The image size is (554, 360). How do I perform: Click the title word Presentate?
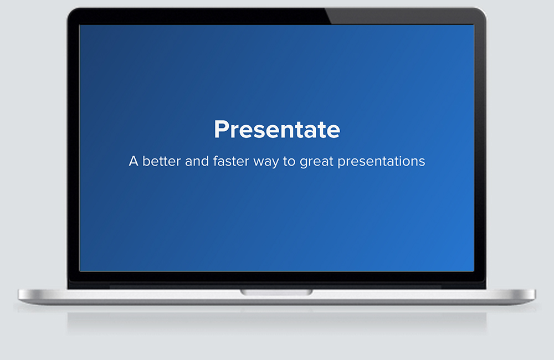[277, 129]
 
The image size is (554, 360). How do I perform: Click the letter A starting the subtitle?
[134, 161]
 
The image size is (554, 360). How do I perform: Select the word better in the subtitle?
[161, 161]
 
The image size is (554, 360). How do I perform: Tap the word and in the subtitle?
[197, 161]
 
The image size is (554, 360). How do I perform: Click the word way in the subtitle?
[266, 163]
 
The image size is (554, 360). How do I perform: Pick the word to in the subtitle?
[289, 162]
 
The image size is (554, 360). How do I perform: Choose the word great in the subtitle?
[316, 162]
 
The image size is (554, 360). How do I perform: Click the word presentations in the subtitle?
[381, 162]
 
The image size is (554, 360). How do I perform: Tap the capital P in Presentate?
[221, 129]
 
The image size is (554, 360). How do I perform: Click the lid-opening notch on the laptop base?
[276, 292]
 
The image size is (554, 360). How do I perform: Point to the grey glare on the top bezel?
[403, 16]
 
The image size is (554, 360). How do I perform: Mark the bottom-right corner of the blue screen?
[474, 271]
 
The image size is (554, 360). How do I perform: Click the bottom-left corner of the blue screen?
[80, 271]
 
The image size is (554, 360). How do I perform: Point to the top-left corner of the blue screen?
[80, 25]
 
